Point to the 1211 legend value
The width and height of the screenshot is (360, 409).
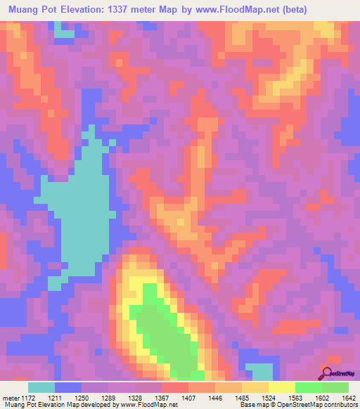(x=56, y=397)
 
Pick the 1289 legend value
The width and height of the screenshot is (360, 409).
(x=110, y=397)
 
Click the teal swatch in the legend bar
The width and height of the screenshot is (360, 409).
(x=41, y=387)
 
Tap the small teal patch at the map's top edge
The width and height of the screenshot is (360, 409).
(x=64, y=32)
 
